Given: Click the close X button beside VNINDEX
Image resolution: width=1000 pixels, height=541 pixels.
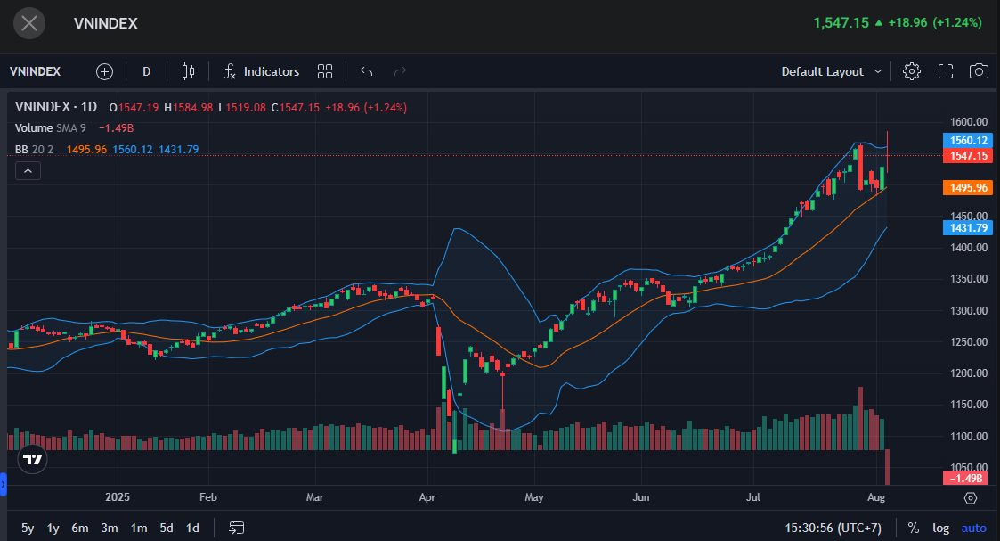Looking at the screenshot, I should pos(29,23).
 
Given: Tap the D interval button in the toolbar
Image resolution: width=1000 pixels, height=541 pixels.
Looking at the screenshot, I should pos(147,71).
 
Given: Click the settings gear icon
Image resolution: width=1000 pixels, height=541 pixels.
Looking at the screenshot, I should pos(912,71).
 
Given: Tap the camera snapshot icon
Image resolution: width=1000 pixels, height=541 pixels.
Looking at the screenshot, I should pos(979,71).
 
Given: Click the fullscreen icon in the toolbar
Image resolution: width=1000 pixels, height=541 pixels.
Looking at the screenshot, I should pos(946,71).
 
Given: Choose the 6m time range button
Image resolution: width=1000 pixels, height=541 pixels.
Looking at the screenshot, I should pos(80,528).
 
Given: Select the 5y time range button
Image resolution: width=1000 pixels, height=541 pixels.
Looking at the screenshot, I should pos(28,528).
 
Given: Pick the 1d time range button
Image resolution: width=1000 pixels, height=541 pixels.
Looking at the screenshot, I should pos(192,528).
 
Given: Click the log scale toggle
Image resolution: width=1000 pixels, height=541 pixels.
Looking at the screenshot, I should pos(940,528).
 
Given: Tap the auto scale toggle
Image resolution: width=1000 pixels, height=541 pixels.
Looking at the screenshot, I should pos(974,528).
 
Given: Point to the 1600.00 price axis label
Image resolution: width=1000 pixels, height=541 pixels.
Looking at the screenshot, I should pos(968,122).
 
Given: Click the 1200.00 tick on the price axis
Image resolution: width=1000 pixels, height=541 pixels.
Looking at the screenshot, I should pos(968,373).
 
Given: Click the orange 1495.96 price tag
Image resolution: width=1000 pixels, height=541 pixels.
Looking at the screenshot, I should pos(968,188).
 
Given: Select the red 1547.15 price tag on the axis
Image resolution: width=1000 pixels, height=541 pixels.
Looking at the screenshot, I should pos(968,156).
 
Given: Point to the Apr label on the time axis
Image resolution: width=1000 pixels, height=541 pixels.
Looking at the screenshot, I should pos(428,498).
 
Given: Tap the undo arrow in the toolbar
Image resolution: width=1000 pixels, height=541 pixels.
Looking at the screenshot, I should pos(366,71).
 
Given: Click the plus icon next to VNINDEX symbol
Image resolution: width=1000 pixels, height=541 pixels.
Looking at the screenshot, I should pos(105,71).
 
